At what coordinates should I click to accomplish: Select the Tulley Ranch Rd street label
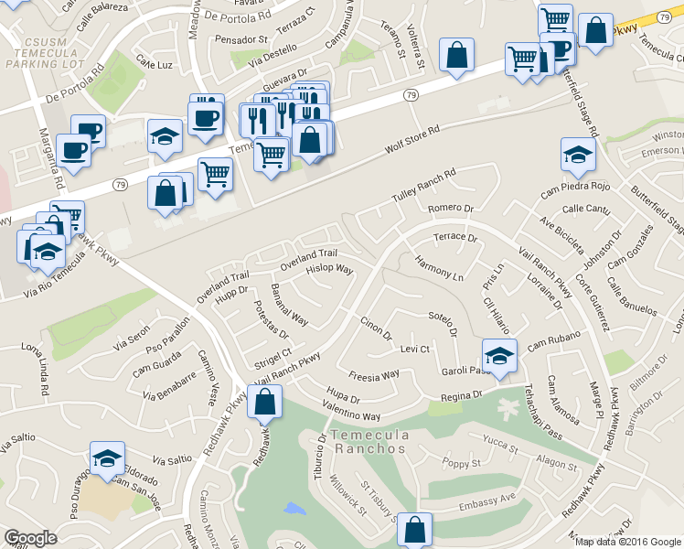[423, 186]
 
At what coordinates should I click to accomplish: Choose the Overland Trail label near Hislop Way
[308, 258]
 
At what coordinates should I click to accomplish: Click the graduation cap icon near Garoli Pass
[499, 355]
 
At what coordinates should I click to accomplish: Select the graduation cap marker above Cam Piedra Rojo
[578, 154]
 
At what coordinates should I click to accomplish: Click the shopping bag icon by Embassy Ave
[415, 528]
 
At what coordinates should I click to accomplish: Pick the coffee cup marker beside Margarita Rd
[72, 149]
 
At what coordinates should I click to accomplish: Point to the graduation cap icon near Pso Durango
[107, 457]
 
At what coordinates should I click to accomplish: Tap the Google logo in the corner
[30, 538]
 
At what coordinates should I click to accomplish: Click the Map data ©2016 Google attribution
[627, 541]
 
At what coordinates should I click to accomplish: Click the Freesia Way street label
[374, 375]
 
